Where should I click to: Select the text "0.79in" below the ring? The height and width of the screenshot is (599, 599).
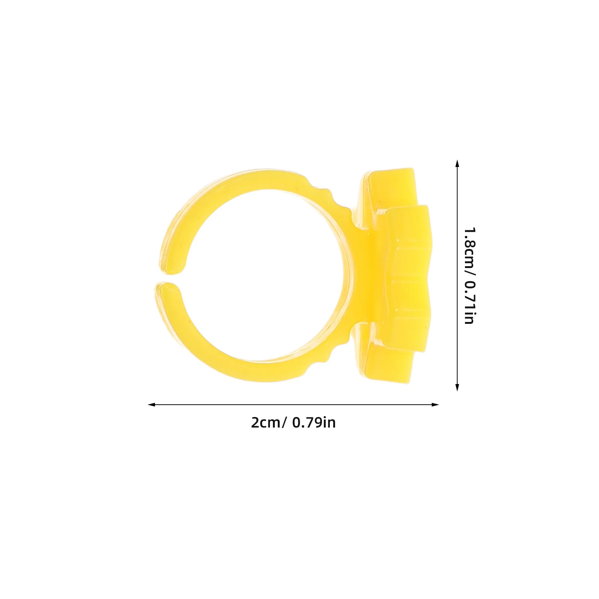coord(314,423)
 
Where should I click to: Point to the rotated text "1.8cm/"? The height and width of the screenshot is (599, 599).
coord(469,251)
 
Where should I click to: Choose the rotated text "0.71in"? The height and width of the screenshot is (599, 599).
coord(469,303)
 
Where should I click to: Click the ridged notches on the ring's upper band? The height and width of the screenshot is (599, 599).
coord(322,191)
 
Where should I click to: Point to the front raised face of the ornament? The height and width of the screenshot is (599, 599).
coord(408,277)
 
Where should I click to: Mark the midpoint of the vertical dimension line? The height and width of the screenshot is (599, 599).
coord(457,276)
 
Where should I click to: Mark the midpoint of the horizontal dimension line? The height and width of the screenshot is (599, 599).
coord(294,405)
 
